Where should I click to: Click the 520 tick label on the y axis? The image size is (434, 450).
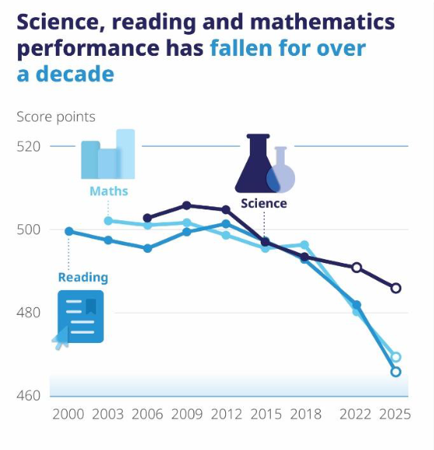pos(29,147)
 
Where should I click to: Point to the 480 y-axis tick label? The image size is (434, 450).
pos(29,313)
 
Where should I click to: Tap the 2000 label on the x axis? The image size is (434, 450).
pos(68,414)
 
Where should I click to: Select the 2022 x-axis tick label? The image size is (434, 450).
pos(356,414)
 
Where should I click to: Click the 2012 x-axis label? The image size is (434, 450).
pos(227,414)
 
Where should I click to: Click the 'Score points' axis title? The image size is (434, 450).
pos(56,117)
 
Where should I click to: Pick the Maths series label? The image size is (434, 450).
pos(109,191)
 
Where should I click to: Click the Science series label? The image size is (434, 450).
pos(264,203)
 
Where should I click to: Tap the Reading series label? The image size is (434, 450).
pos(83,278)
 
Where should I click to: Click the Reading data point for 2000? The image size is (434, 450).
pos(69,231)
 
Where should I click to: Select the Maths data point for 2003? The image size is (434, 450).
pos(108,220)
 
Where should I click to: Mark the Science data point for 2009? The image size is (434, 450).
pos(186,206)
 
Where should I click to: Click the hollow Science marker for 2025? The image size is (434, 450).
pos(396,288)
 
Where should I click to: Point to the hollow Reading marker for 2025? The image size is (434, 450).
pos(396,372)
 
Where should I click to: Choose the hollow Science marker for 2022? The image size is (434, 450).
pos(356,268)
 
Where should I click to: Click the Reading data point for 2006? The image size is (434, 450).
pos(148,248)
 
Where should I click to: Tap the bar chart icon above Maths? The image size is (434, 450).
pos(108,154)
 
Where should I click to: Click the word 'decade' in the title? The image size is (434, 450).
pos(75,74)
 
